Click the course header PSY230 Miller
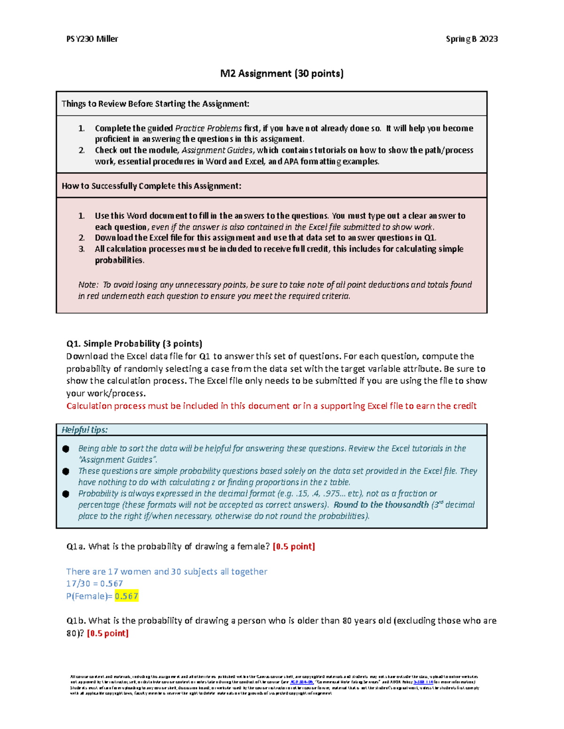[x=92, y=39]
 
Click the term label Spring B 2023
[x=471, y=39]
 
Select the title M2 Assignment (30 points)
[x=282, y=73]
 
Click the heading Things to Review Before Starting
[x=155, y=104]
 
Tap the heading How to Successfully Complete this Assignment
[x=151, y=186]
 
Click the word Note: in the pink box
[x=88, y=285]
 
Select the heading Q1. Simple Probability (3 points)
[x=134, y=344]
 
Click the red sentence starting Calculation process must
[x=271, y=406]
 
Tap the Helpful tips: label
[x=85, y=430]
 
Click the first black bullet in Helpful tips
[x=66, y=449]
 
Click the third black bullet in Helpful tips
[x=66, y=494]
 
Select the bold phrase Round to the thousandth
[x=381, y=505]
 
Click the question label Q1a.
[x=76, y=546]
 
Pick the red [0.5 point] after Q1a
[x=294, y=546]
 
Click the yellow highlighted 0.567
[x=126, y=596]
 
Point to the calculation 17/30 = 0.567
[x=94, y=583]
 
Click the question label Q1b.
[x=77, y=621]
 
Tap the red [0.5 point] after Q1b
[x=108, y=633]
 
